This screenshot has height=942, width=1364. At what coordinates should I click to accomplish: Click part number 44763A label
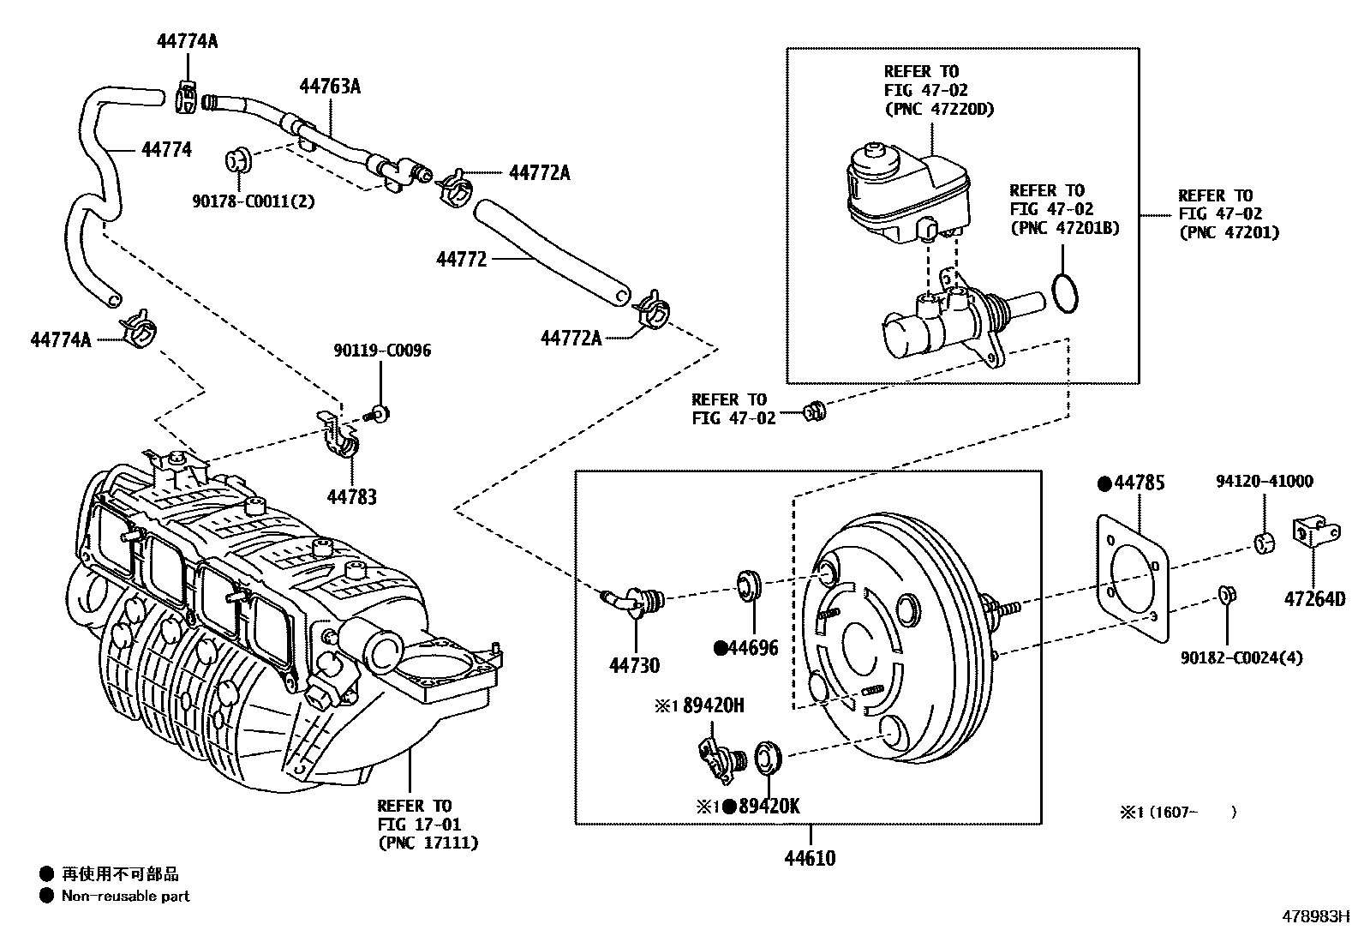329,86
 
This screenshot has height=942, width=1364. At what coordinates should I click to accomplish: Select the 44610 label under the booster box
810,857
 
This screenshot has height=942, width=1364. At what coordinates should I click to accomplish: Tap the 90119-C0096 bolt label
382,351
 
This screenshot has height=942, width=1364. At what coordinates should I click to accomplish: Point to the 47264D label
1314,599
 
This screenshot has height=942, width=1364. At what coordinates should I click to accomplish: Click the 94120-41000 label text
1264,482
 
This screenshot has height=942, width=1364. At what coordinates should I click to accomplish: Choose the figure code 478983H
1316,915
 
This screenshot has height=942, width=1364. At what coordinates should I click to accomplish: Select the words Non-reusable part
125,897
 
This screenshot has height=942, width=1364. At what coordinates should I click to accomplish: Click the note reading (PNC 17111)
428,843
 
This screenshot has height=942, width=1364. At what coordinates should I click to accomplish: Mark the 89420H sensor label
713,705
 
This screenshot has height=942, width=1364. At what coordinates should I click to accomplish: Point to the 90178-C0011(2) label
253,201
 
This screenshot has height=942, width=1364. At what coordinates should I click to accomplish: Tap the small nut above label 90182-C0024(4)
1225,594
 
